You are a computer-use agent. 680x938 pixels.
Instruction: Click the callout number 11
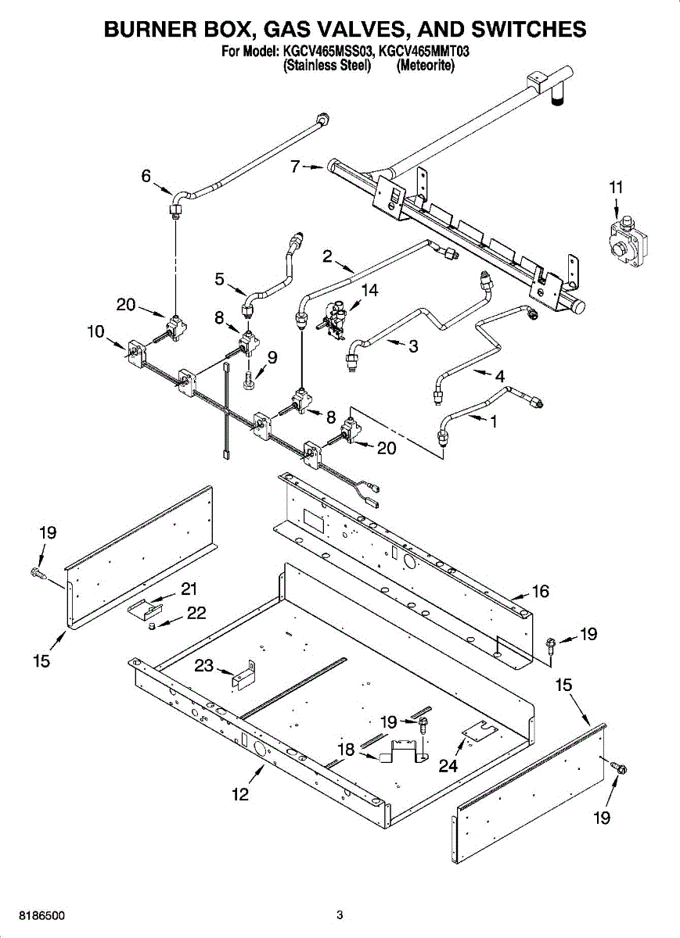point(617,188)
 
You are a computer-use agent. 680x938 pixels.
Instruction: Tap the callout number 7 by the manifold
point(295,166)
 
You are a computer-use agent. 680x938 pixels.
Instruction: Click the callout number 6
point(146,177)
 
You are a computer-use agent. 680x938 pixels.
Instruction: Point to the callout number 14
point(369,291)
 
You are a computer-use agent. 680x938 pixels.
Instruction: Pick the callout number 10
point(95,331)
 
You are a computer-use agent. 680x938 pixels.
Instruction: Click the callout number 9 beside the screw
point(272,357)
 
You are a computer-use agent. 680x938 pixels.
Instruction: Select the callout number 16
point(541,591)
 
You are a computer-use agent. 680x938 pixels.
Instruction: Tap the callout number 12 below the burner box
point(239,794)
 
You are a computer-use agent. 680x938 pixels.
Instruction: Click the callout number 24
point(448,766)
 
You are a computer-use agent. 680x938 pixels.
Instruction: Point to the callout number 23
point(204,666)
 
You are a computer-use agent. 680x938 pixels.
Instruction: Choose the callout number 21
point(189,589)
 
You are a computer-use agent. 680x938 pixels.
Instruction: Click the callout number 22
point(196,614)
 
